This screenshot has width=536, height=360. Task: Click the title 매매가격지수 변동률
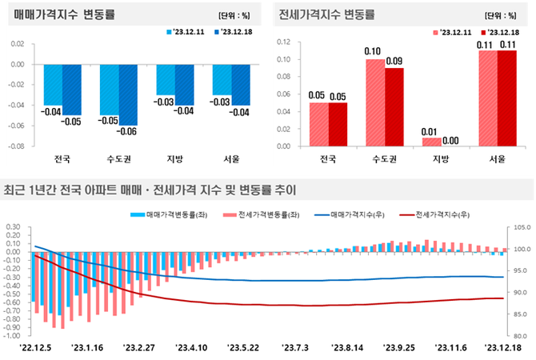click(63, 14)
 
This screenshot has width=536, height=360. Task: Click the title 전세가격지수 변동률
click(327, 14)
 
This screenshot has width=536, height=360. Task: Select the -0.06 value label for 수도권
click(126, 131)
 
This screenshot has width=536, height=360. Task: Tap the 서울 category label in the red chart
click(497, 158)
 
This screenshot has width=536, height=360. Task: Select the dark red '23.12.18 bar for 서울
click(506, 98)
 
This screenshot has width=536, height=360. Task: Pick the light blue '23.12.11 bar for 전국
click(54, 85)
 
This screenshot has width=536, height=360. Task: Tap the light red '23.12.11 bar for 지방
click(431, 142)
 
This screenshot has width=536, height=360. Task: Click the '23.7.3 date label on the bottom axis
click(295, 348)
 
